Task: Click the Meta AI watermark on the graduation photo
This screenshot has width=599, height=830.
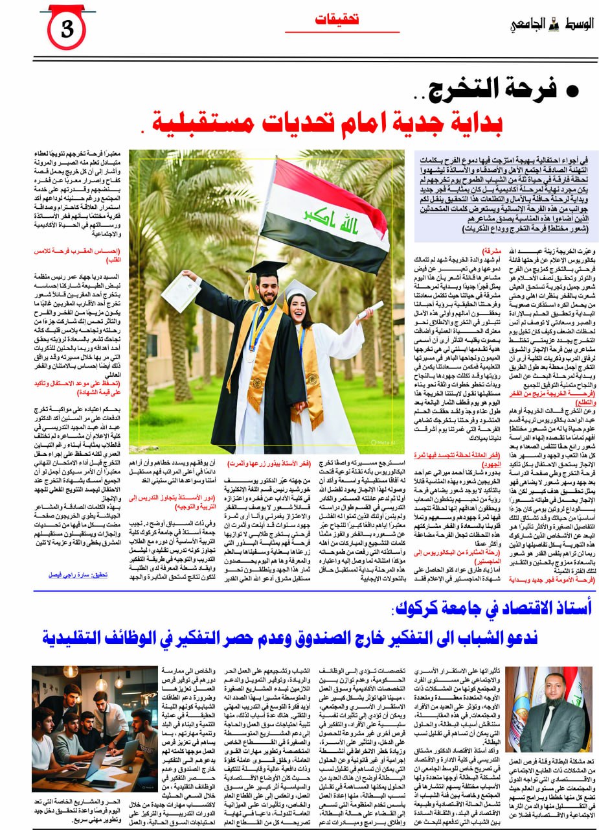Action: click(x=382, y=441)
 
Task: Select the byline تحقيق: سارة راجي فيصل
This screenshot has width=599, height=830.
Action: click(x=97, y=575)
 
